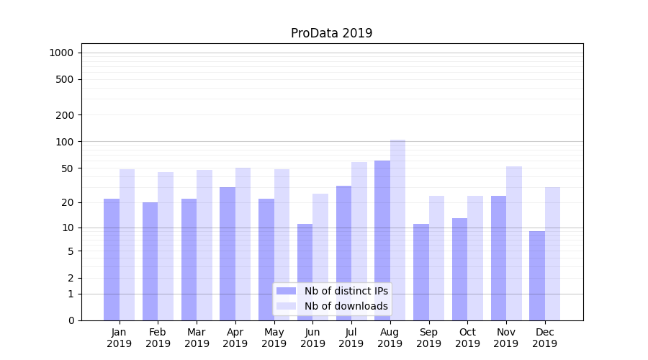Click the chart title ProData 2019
click(x=331, y=33)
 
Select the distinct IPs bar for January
click(x=112, y=259)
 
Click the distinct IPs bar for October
click(x=459, y=269)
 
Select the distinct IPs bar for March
click(x=189, y=259)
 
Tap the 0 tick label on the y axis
click(x=71, y=320)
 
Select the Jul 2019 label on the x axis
click(x=351, y=338)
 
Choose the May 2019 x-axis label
click(x=274, y=338)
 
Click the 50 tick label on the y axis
click(x=67, y=168)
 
